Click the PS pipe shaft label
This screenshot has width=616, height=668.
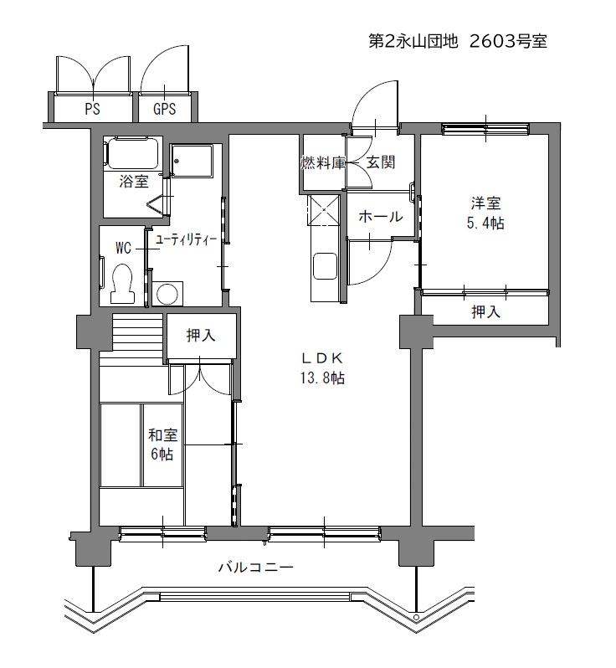click(x=92, y=109)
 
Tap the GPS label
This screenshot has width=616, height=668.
click(x=164, y=109)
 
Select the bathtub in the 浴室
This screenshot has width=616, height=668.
click(x=132, y=153)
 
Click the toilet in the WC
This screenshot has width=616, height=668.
click(x=122, y=283)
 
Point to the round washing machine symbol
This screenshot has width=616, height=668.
click(x=167, y=294)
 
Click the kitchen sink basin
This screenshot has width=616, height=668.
click(x=325, y=267)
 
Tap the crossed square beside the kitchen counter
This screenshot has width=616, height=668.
click(x=324, y=209)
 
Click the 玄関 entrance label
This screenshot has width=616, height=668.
click(x=381, y=162)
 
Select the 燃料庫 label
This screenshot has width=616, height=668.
click(x=322, y=162)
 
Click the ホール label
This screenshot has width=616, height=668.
click(x=381, y=217)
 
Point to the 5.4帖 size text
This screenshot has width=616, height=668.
click(x=485, y=223)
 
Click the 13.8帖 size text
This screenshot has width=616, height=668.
click(x=322, y=378)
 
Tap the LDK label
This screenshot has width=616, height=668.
click(x=322, y=358)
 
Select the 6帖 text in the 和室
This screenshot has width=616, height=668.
click(x=162, y=455)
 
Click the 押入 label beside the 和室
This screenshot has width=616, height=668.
click(x=201, y=336)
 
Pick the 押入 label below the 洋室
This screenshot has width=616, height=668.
click(x=485, y=312)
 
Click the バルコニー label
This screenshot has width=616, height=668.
click(x=256, y=567)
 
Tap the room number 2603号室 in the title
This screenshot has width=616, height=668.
click(x=508, y=41)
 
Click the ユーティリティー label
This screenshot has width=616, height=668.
click(x=186, y=240)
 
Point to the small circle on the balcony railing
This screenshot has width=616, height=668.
click(x=416, y=617)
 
